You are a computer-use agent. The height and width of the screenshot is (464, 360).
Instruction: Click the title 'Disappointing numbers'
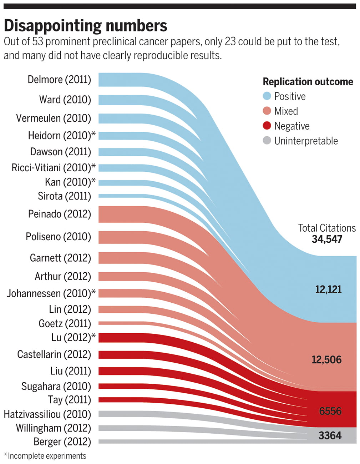[85, 26]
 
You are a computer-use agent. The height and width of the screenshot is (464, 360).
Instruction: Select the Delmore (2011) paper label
[59, 79]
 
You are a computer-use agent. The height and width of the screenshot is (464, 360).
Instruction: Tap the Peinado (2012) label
[59, 214]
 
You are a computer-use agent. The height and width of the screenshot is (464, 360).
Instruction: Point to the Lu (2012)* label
[73, 337]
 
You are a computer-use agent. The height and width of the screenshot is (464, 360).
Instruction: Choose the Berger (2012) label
[62, 442]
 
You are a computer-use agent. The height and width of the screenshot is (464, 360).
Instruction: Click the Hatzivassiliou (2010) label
[47, 414]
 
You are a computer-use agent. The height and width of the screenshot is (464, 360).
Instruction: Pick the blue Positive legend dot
[267, 96]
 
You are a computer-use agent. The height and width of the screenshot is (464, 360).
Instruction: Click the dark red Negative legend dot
[267, 126]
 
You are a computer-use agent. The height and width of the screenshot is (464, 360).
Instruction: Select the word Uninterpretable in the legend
[306, 141]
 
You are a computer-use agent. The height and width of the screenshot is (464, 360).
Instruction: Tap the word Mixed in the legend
[286, 111]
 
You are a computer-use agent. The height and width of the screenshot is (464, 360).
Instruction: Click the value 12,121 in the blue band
[328, 289]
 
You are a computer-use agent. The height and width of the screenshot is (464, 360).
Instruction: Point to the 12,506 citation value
[326, 359]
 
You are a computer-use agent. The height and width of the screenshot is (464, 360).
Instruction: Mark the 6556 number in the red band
[330, 411]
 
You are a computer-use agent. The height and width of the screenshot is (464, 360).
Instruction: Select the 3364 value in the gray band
[330, 435]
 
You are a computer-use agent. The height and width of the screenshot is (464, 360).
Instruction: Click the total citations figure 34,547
[327, 239]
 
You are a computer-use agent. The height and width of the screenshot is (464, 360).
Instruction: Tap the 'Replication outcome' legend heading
[308, 82]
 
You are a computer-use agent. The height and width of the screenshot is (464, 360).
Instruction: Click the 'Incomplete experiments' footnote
[47, 456]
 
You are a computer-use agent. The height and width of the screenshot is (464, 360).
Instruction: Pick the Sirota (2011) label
[64, 196]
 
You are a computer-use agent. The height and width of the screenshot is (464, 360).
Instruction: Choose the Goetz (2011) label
[65, 323]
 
